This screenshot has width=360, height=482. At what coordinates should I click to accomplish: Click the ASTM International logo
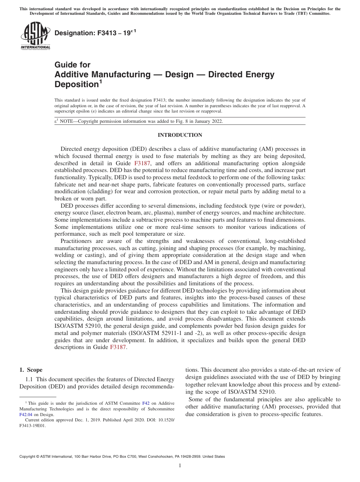(35, 36)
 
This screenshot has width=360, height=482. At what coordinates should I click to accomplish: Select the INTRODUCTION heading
(180, 135)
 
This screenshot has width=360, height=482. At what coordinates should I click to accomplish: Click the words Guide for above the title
(72, 65)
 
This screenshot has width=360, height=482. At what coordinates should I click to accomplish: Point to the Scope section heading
(31, 370)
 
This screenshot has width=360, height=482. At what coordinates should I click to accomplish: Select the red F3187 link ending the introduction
(118, 347)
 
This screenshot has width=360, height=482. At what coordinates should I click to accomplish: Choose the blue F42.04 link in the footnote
(26, 415)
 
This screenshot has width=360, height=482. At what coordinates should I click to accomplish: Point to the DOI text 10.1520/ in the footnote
(165, 420)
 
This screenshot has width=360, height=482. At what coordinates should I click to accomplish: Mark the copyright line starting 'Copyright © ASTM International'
(122, 457)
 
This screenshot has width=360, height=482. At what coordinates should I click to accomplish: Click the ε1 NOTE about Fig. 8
(139, 121)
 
